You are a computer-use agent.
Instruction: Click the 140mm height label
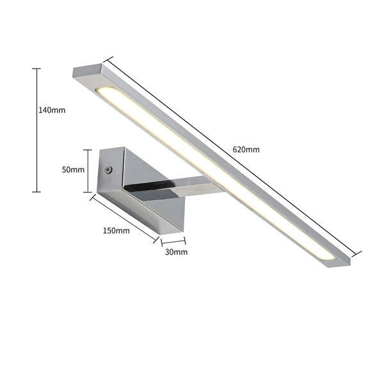point(52,110)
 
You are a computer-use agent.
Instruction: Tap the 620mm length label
point(246,150)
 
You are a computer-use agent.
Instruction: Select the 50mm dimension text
point(74,170)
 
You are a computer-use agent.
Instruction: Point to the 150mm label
point(116,230)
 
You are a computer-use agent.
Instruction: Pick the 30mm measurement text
point(175,252)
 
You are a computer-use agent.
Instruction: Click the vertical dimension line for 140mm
point(36,128)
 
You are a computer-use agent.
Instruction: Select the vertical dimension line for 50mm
point(88,170)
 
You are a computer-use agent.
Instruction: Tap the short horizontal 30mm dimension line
point(173,242)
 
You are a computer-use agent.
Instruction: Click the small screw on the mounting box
point(108,170)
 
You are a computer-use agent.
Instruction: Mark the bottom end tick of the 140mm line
point(36,191)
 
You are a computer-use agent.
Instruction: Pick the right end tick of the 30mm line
point(185,242)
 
